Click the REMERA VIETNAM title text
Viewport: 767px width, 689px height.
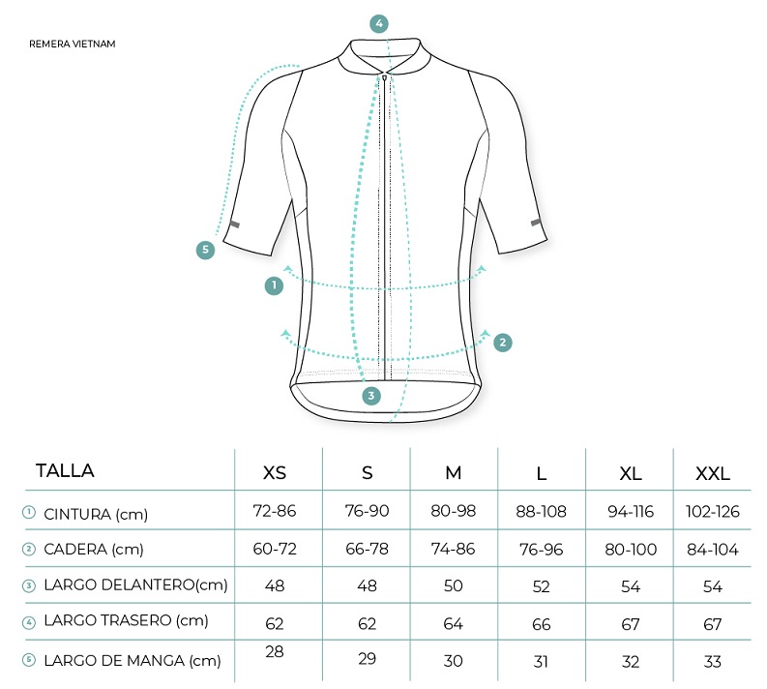73,45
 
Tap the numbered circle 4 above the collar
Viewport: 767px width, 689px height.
379,23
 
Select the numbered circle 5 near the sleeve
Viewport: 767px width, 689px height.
205,250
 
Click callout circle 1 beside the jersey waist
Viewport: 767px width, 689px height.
274,285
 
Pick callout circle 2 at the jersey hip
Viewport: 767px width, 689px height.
503,343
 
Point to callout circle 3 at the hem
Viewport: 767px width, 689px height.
371,396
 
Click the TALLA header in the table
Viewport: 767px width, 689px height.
65,470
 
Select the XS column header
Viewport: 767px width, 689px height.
275,473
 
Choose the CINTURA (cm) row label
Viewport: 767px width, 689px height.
96,514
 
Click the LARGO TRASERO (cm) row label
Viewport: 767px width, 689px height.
126,620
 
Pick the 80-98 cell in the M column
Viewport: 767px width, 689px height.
454,511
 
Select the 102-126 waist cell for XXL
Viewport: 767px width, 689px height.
713,512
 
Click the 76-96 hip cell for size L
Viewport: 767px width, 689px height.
542,550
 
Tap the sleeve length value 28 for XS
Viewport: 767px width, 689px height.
275,651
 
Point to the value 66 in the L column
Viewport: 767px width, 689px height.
542,624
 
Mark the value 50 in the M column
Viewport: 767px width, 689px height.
454,585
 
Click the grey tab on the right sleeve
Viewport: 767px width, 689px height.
536,223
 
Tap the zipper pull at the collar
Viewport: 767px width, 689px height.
385,76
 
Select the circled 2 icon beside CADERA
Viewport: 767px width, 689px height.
29,549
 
